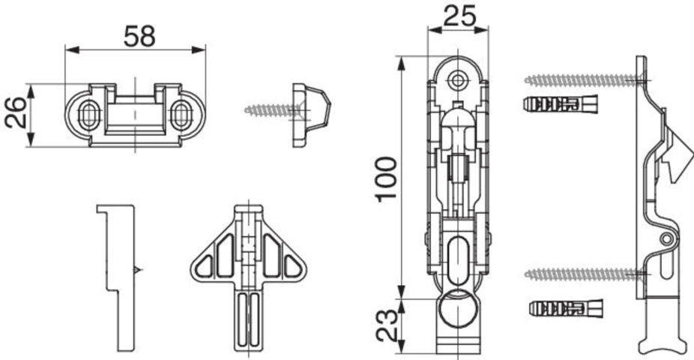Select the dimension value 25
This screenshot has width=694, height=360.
(459, 16)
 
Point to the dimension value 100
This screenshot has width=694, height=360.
(386, 178)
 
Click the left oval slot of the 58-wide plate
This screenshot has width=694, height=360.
(88, 115)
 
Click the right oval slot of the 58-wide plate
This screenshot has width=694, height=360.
(181, 115)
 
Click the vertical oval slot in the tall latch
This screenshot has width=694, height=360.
(458, 259)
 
